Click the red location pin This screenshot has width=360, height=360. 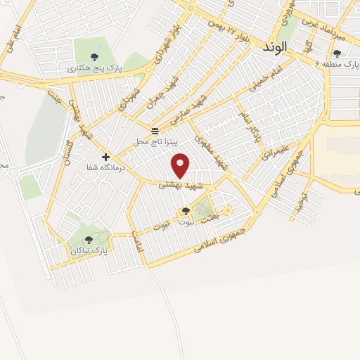click(x=181, y=165)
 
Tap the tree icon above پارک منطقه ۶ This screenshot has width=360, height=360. click(x=337, y=53)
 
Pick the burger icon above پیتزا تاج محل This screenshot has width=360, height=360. click(x=155, y=131)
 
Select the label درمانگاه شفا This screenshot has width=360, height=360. click(x=106, y=168)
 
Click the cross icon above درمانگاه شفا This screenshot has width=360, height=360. click(x=105, y=157)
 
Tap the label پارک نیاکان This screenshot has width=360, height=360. click(x=89, y=250)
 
